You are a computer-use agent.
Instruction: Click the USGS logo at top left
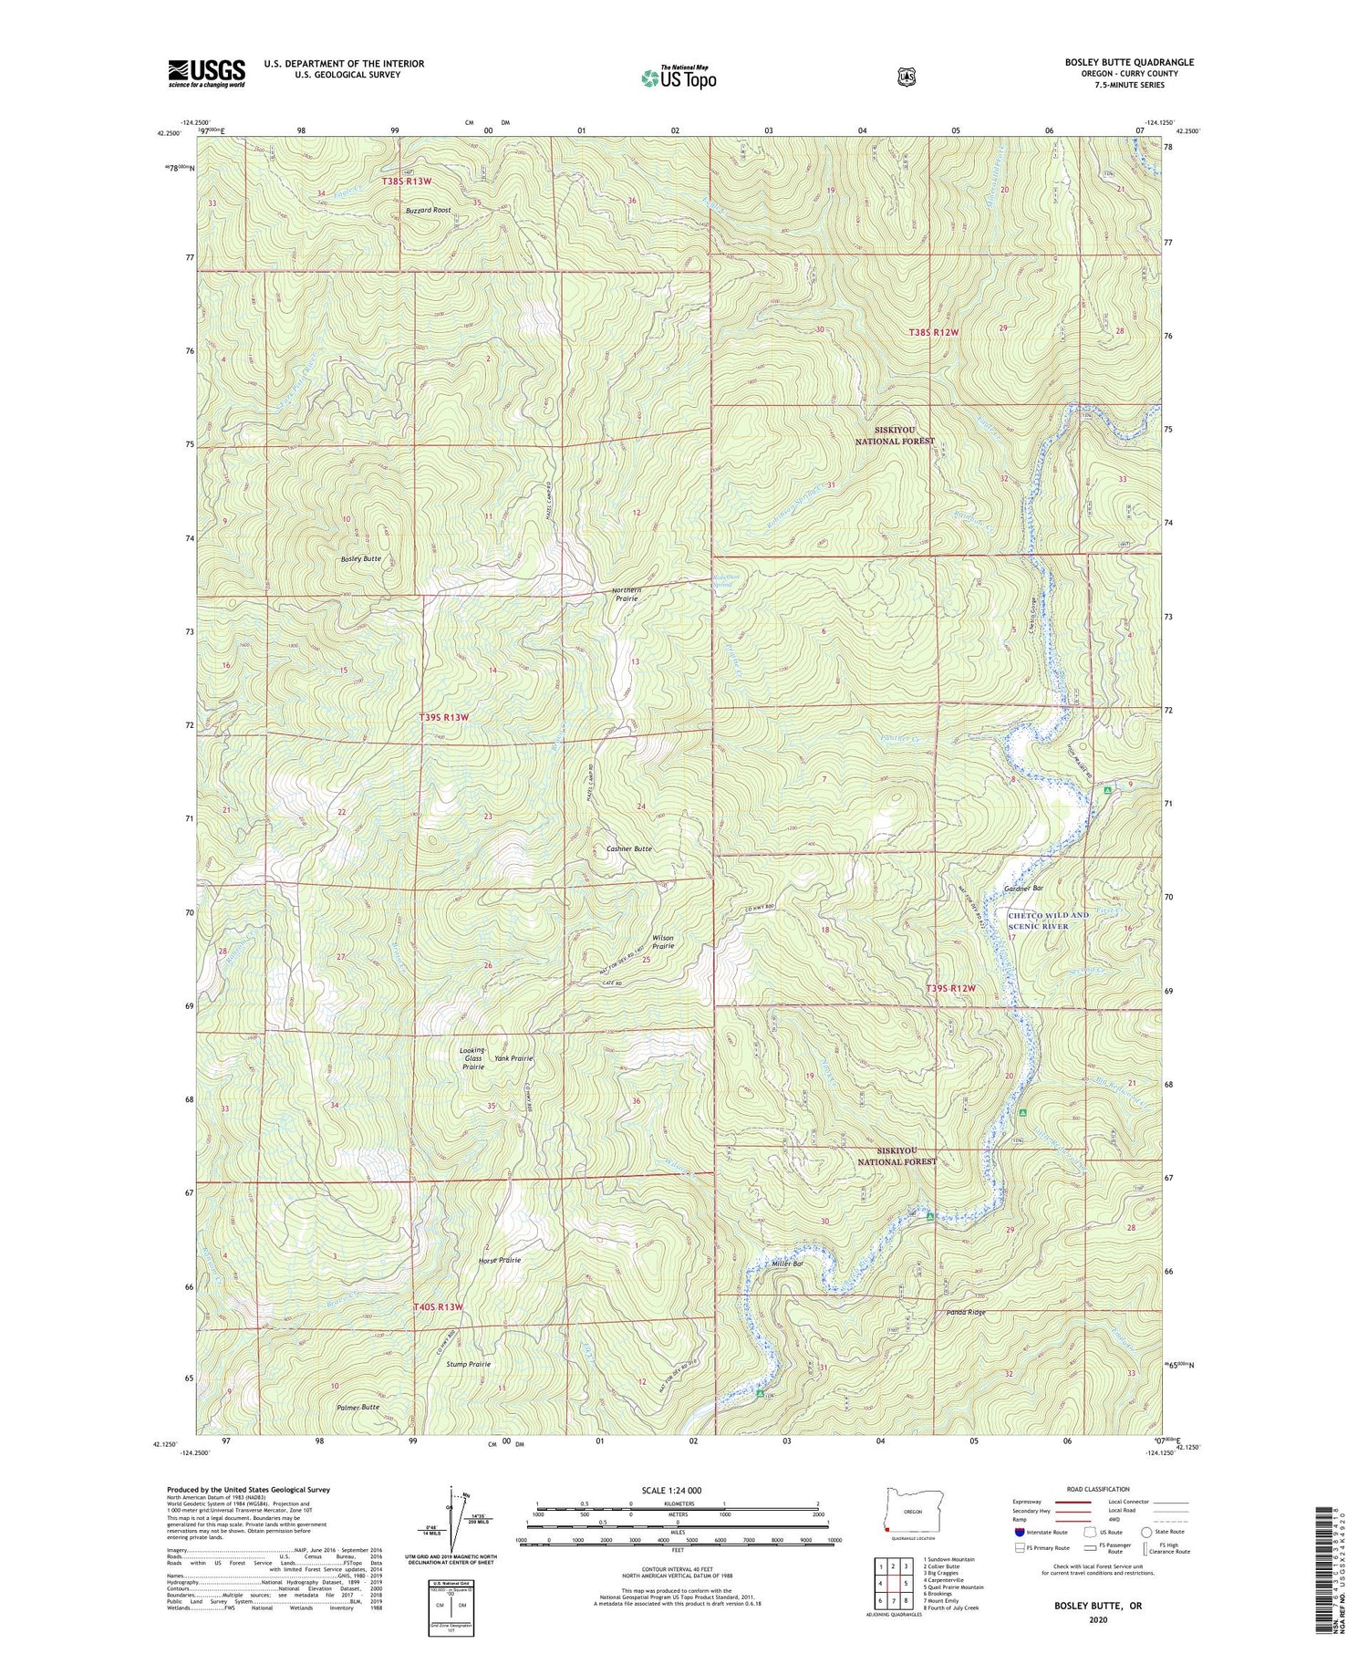point(206,73)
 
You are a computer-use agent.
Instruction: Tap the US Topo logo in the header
point(679,78)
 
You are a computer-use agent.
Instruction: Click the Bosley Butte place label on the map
point(360,558)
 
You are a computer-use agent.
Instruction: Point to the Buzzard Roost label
point(428,210)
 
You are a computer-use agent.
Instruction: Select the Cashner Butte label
point(629,848)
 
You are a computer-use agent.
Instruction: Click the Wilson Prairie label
point(663,942)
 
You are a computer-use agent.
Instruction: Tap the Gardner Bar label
point(1023,888)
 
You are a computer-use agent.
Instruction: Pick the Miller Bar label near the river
point(788,1264)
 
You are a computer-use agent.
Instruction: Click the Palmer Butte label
point(358,1407)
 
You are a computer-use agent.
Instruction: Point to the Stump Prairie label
point(469,1364)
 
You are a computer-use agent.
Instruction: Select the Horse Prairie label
point(499,1260)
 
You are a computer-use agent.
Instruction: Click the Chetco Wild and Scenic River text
point(1048,921)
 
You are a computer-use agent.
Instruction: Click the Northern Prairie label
point(627,595)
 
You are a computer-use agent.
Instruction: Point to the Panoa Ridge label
point(966,1312)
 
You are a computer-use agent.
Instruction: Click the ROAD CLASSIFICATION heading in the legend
point(1091,1489)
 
